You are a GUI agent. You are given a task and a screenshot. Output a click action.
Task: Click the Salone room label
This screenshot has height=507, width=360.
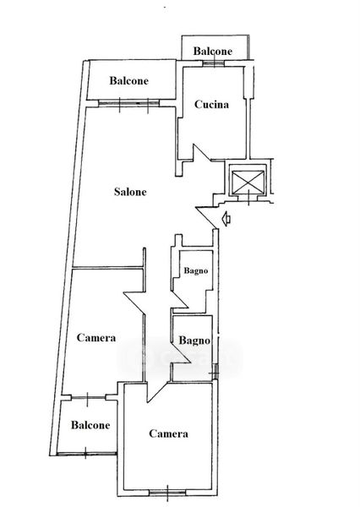pyautogui.click(x=130, y=192)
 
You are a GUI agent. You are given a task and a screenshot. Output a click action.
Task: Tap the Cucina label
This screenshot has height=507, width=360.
pyautogui.click(x=211, y=104)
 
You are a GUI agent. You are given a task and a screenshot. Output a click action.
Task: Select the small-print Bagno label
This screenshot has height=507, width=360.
pyautogui.click(x=196, y=270)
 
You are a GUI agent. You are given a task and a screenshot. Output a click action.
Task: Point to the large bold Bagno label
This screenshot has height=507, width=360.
pyautogui.click(x=194, y=341)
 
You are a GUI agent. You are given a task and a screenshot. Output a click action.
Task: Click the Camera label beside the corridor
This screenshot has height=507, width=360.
pyautogui.click(x=96, y=337)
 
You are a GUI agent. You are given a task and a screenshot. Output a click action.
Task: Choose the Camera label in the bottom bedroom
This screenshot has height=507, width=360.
pyautogui.click(x=168, y=433)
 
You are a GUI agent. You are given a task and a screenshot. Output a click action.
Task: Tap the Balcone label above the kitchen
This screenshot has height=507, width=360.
pyautogui.click(x=212, y=51)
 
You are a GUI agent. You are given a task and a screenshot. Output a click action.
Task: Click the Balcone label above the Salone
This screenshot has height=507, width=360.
pyautogui.click(x=128, y=80)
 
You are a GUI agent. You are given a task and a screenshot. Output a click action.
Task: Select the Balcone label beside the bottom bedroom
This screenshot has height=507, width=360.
pyautogui.click(x=90, y=425)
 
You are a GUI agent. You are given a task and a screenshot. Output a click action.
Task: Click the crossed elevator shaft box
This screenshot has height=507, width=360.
pyautogui.click(x=248, y=182)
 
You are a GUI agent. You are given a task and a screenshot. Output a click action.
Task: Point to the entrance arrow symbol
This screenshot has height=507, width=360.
pyautogui.click(x=226, y=219)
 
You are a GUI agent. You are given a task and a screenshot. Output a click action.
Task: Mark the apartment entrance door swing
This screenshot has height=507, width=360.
pyautogui.click(x=207, y=217)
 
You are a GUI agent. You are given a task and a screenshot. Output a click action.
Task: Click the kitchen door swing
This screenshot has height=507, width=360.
pyautogui.click(x=201, y=153)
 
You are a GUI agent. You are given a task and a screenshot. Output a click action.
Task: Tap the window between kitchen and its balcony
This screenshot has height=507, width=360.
pyautogui.click(x=214, y=63)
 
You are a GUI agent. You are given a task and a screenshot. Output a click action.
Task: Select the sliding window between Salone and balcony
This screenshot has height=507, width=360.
pyautogui.click(x=128, y=103)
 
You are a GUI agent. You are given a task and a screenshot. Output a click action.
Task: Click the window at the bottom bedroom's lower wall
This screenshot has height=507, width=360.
pyautogui.click(x=167, y=493)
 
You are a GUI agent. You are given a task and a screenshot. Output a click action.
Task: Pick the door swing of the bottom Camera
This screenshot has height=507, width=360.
pyautogui.click(x=156, y=392)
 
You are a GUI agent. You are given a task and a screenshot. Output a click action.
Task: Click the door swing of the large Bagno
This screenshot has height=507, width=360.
pyautogui.click(x=180, y=352)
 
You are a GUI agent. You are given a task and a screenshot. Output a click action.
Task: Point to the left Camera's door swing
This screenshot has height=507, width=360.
pyautogui.click(x=134, y=303)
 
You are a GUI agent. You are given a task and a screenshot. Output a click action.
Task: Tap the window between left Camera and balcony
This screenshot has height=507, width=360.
pyautogui.click(x=88, y=397)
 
